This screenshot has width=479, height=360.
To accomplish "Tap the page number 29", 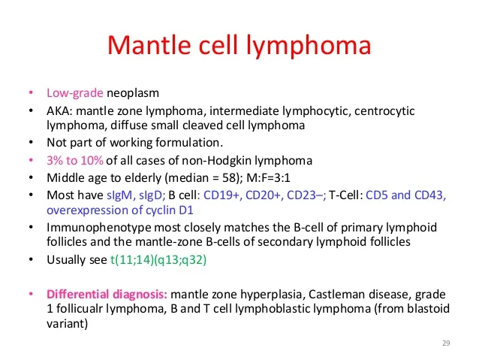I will click(446, 343).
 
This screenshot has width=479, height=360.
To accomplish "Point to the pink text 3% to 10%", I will click(74, 160).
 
